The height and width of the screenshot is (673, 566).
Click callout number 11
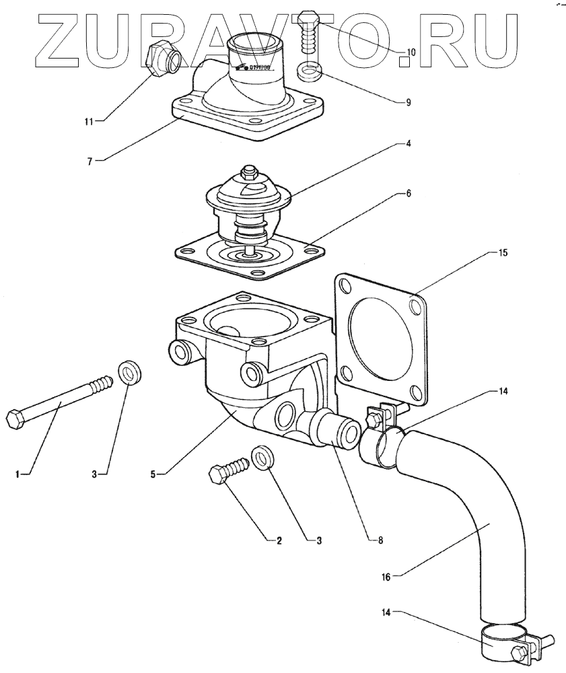pos(87,121)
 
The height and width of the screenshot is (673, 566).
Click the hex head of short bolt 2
pos(217,474)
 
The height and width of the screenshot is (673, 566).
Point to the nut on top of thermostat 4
pos(249,171)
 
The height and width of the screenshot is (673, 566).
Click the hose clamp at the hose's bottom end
pos(505,643)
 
